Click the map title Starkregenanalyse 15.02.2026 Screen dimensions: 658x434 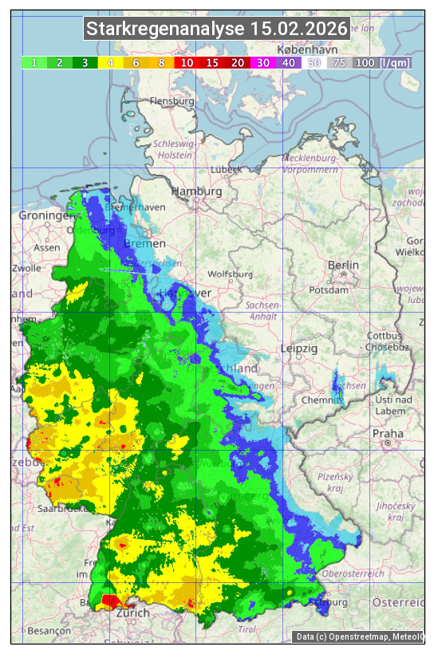[x=217, y=30]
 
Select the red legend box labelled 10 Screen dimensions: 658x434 [x=187, y=62]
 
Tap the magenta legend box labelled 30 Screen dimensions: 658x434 [x=262, y=62]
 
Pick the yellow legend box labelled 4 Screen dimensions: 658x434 [x=111, y=62]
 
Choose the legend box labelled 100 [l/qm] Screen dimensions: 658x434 [x=382, y=62]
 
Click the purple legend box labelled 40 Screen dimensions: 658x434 [x=288, y=62]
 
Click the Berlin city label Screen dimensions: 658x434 [x=343, y=265]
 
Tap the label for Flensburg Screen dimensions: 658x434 [x=172, y=102]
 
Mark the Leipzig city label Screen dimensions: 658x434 [x=299, y=349]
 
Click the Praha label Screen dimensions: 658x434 [x=388, y=434]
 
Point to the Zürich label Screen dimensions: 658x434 [x=132, y=613]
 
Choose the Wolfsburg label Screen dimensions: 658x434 [x=230, y=274]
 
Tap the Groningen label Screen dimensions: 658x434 [x=45, y=215]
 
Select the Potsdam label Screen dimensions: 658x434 [x=345, y=290]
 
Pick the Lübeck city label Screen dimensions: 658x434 [x=226, y=170]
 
